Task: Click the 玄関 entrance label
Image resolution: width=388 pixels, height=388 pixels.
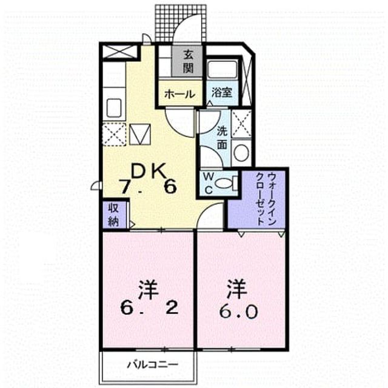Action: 188,62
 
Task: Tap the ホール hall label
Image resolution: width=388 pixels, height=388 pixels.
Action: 180,95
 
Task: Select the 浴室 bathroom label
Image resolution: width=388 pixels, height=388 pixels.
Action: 222,93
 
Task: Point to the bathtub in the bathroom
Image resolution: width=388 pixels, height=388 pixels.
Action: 222,69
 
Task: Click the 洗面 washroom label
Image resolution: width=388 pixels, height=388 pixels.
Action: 222,138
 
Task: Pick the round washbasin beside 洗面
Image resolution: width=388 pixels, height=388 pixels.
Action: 241,153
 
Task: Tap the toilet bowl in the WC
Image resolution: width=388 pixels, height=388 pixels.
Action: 224,184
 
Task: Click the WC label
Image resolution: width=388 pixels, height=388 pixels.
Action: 209,183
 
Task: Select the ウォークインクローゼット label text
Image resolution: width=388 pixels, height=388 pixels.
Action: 266,199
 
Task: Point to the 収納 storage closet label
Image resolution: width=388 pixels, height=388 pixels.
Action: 113,215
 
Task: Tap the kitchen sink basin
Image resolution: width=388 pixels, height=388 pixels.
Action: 114,108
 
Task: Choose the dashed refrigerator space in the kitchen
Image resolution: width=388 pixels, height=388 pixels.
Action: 114,135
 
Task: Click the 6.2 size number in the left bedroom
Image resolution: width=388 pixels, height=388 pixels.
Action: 150,308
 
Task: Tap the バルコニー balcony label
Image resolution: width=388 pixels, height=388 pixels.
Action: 153,364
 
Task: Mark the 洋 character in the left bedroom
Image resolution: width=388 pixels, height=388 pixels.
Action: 149,290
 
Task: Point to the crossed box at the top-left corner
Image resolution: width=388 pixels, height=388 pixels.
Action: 120,52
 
